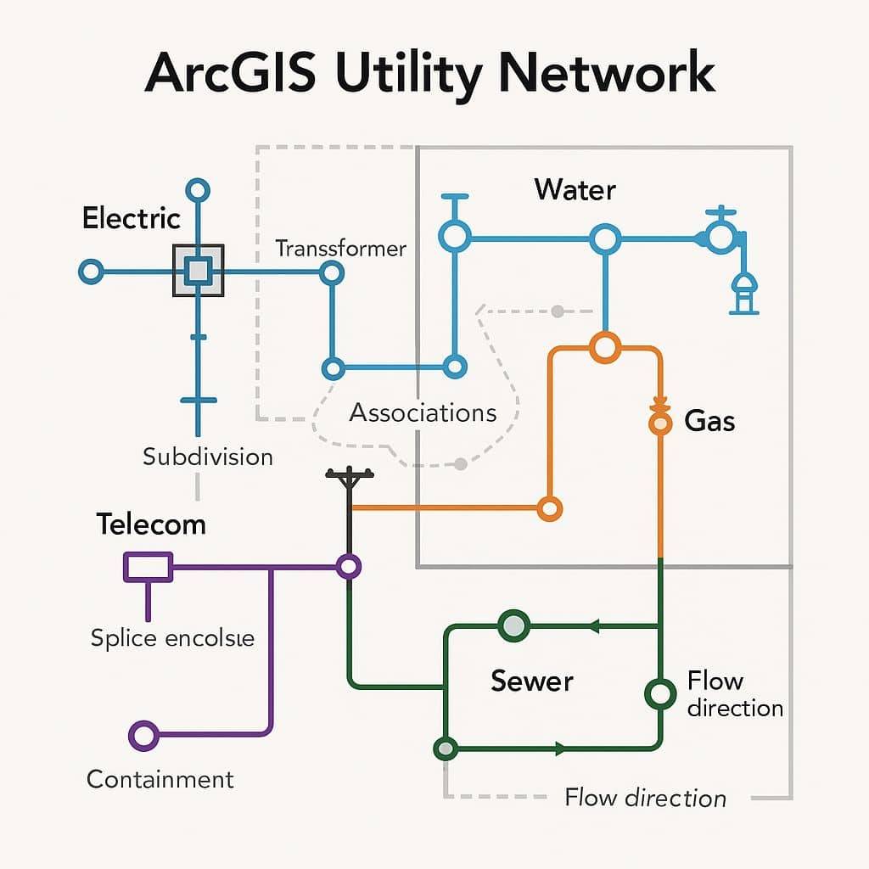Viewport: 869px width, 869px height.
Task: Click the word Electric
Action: tap(132, 218)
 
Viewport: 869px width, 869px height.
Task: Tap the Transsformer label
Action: tap(341, 249)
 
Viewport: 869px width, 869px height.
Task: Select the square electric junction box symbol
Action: tap(198, 271)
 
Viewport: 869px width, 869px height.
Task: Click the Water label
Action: tap(575, 189)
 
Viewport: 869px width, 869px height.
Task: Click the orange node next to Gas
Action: tap(659, 422)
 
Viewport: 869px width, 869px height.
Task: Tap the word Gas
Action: tap(709, 421)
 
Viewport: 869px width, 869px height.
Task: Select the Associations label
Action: tap(423, 413)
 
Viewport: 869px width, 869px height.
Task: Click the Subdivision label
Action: tap(208, 457)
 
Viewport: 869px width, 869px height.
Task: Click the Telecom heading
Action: tap(151, 524)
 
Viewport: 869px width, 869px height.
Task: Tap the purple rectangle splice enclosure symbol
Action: tap(149, 567)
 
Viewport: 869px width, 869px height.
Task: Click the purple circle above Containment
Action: tap(143, 736)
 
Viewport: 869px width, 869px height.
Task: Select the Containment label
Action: tap(160, 779)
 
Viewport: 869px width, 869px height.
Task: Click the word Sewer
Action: tap(532, 681)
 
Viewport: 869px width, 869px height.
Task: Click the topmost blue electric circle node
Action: tap(198, 189)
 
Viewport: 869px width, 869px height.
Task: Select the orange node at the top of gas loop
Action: tap(605, 346)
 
